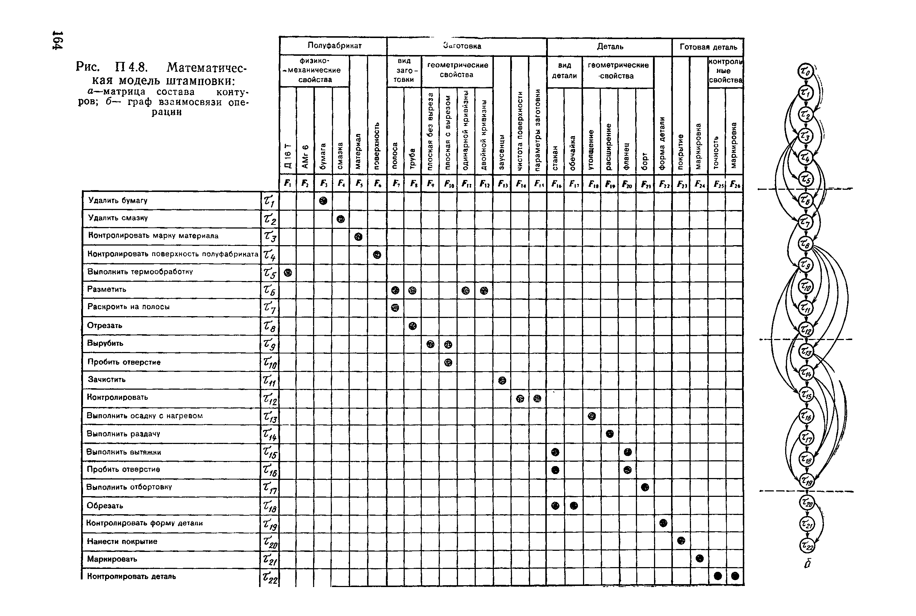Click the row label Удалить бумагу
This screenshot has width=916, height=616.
click(117, 200)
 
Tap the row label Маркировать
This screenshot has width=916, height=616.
click(112, 559)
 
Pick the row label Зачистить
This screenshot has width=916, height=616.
click(107, 380)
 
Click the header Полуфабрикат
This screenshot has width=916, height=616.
click(334, 46)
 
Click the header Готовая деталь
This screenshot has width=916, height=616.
click(708, 47)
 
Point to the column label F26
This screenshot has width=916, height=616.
click(734, 184)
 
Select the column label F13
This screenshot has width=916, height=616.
click(502, 184)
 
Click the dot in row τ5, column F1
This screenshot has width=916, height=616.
click(288, 273)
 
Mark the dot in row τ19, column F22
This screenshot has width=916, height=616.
click(663, 523)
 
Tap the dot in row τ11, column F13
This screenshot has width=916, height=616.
click(502, 380)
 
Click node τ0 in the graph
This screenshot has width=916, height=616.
click(805, 71)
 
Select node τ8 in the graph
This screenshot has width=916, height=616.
click(805, 244)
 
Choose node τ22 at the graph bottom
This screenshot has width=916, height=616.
click(807, 545)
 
